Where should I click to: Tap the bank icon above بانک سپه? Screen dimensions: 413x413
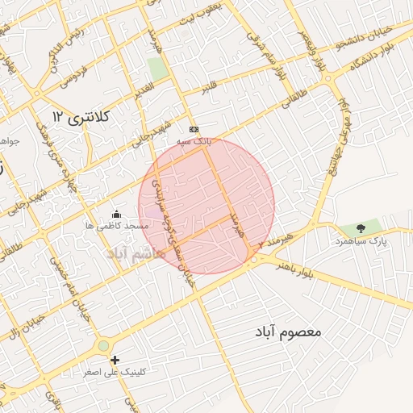[x=193, y=129]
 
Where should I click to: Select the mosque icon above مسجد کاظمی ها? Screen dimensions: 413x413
[x=116, y=215]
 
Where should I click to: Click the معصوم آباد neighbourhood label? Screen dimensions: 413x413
[x=289, y=332]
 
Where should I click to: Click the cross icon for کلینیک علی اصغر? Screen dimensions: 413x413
[x=115, y=360]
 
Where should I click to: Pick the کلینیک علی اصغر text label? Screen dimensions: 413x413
[x=115, y=373]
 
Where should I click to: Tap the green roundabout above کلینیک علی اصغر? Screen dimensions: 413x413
[x=104, y=346]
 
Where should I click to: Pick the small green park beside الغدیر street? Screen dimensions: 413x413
[x=158, y=69]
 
